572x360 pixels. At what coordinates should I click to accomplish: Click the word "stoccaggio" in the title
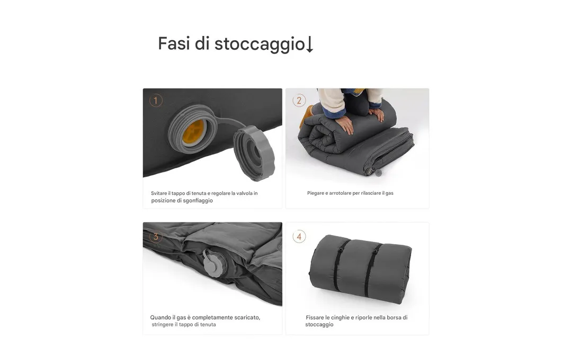pyautogui.click(x=260, y=44)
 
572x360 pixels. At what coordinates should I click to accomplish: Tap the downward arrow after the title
pyautogui.click(x=309, y=44)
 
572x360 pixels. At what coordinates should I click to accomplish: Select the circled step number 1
pyautogui.click(x=156, y=100)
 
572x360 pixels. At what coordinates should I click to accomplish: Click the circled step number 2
pyautogui.click(x=299, y=100)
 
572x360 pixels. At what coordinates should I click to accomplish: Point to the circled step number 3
pyautogui.click(x=156, y=236)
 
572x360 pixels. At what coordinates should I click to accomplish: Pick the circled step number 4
pyautogui.click(x=299, y=236)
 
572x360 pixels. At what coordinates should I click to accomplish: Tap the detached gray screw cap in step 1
pyautogui.click(x=254, y=153)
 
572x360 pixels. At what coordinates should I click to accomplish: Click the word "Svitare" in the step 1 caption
pyautogui.click(x=159, y=193)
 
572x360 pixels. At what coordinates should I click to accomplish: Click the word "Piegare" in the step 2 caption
pyautogui.click(x=315, y=193)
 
